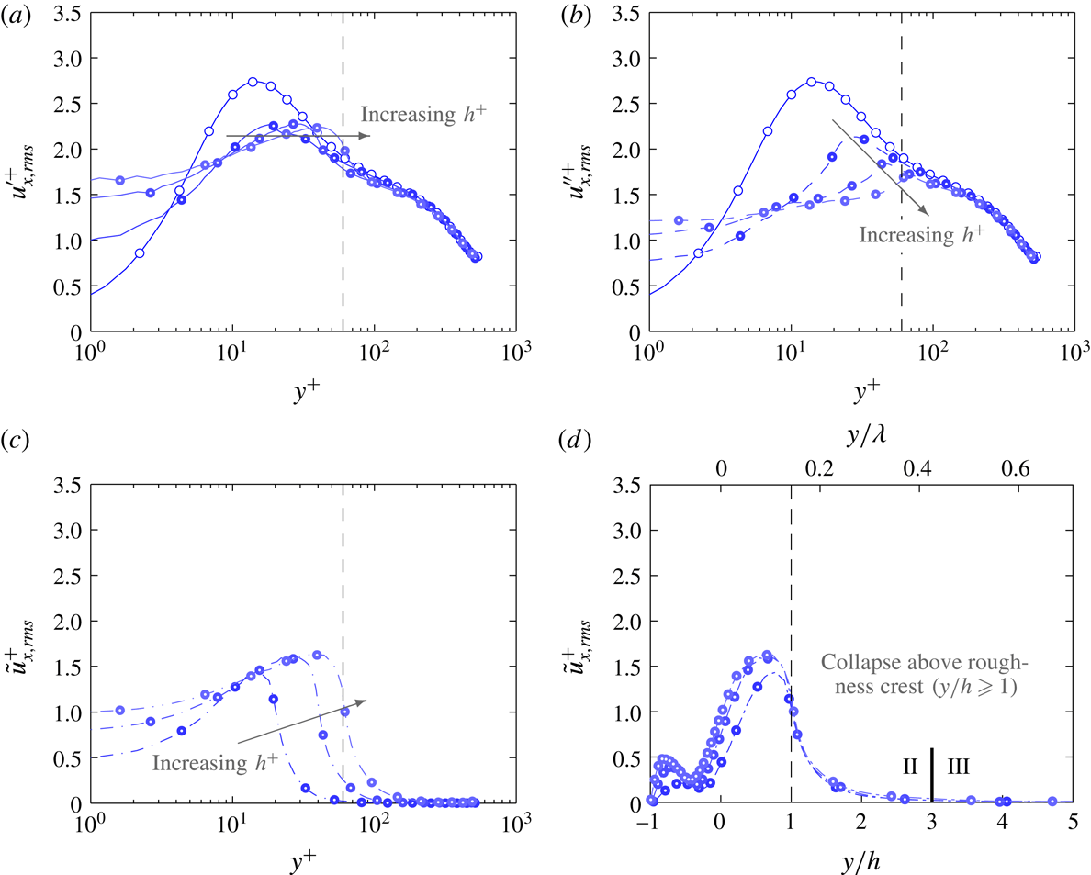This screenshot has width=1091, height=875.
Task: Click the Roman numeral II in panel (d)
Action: click(911, 764)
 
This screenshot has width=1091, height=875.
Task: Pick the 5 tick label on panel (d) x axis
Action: click(1074, 822)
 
